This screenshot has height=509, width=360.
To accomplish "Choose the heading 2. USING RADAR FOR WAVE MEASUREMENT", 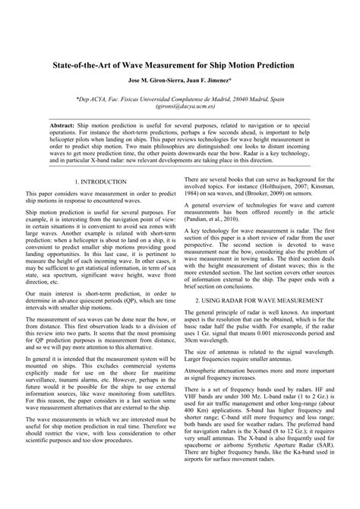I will tap(263, 280).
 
